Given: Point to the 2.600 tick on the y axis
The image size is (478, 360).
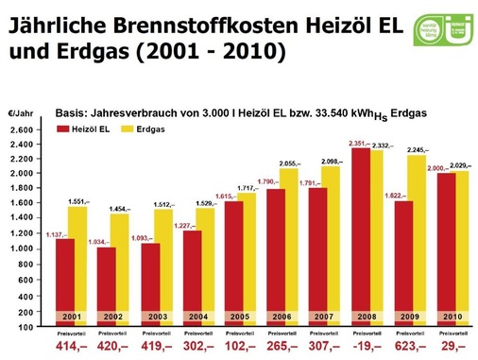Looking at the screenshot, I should click(23, 129).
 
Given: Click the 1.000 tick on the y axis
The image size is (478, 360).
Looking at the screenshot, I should click(23, 248).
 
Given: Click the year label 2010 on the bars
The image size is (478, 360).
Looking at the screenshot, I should click(452, 317).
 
